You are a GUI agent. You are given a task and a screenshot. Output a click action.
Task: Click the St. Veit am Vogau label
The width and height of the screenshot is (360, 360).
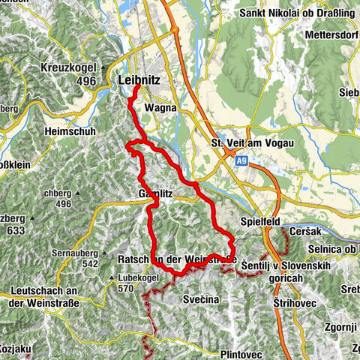253,142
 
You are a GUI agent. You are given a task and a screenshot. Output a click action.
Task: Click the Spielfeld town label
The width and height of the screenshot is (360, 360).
258,222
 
